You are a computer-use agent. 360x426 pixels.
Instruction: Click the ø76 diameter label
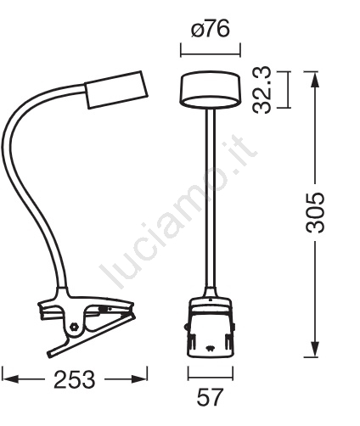[x=210, y=29]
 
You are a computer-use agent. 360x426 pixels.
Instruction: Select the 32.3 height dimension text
[x=262, y=90]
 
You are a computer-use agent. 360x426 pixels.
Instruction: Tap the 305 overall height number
[x=315, y=213]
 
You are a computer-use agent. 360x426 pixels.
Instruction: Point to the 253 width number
[x=75, y=379]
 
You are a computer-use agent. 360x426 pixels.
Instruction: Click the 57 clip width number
[x=210, y=397]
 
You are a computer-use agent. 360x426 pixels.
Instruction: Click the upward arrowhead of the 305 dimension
[x=315, y=80]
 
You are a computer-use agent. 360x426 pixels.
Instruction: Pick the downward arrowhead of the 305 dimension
[x=315, y=349]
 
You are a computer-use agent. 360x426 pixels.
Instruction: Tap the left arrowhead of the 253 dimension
[x=10, y=379]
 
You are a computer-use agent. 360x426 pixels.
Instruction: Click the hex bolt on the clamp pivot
[x=75, y=326]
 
